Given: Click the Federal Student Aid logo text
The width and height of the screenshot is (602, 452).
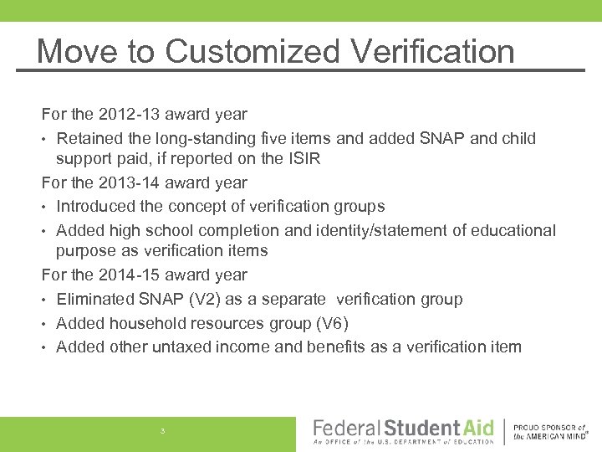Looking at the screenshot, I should pos(403,429).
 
